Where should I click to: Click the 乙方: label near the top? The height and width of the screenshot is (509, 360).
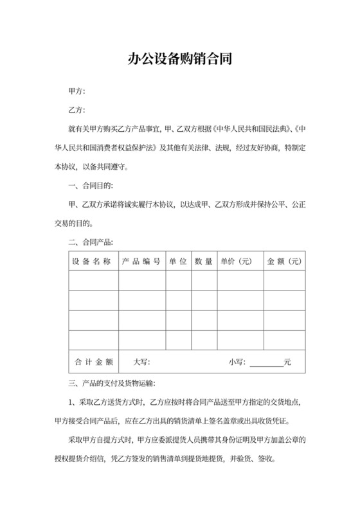[x=76, y=111]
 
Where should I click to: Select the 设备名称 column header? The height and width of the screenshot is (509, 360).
[x=93, y=262]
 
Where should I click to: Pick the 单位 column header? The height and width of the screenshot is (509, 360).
[x=178, y=262]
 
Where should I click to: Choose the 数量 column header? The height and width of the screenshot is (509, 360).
[x=204, y=262]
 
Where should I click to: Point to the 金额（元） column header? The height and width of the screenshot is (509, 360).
[x=283, y=262]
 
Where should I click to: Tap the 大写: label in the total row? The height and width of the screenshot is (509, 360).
[x=141, y=362]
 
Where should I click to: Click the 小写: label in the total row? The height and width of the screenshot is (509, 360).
[x=237, y=362]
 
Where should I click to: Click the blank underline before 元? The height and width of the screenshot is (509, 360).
[x=265, y=363]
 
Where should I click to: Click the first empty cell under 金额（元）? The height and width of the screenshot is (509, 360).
[x=283, y=281]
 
